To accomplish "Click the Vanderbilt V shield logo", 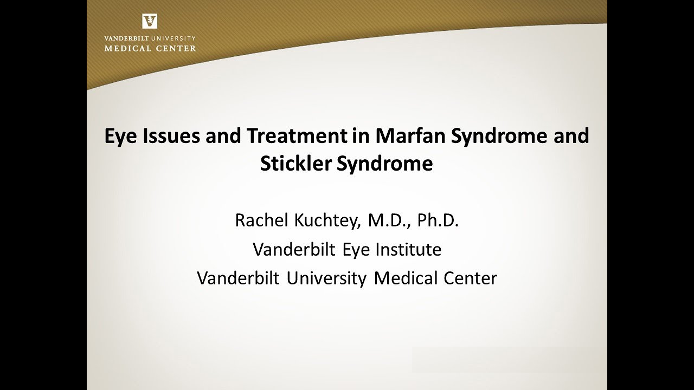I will pyautogui.click(x=150, y=21).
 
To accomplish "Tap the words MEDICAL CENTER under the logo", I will pyautogui.click(x=150, y=48).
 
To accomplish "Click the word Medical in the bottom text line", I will pyautogui.click(x=406, y=278).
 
